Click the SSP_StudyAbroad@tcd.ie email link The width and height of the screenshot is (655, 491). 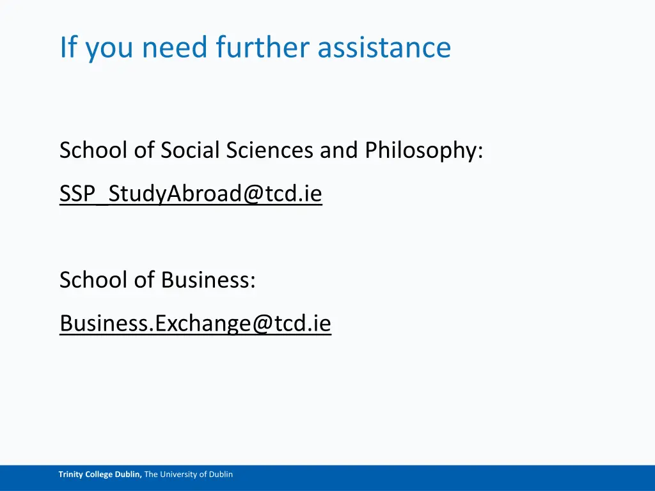pyautogui.click(x=191, y=194)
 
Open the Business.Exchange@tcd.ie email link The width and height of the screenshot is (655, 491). pyautogui.click(x=195, y=323)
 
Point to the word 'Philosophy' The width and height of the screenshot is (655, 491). pyautogui.click(x=422, y=151)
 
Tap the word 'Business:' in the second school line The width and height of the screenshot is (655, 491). pyautogui.click(x=208, y=280)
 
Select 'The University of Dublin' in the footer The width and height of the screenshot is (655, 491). pyautogui.click(x=189, y=474)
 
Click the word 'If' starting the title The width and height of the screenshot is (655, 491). pyautogui.click(x=66, y=47)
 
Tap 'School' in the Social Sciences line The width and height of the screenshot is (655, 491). pyautogui.click(x=90, y=151)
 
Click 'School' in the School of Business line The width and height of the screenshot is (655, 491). pyautogui.click(x=90, y=280)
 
